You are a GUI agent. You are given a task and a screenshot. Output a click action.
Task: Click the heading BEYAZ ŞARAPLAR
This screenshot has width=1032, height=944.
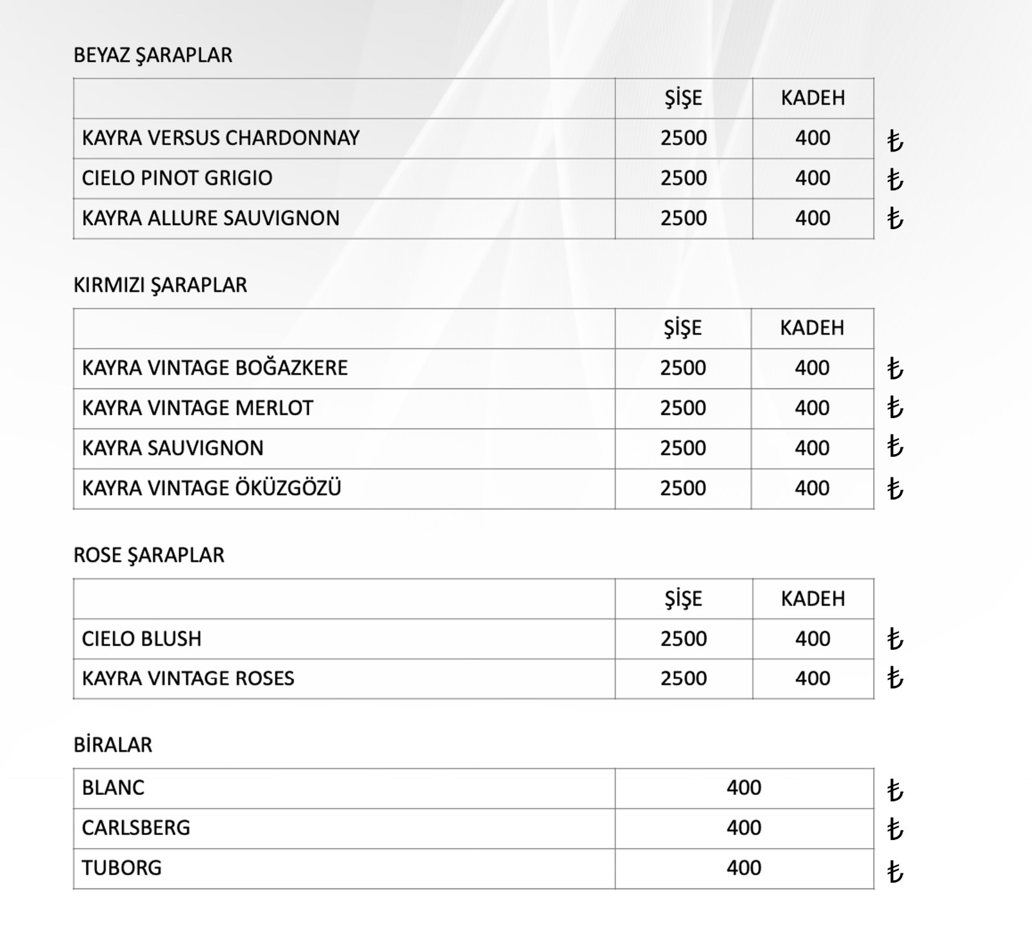coord(153,55)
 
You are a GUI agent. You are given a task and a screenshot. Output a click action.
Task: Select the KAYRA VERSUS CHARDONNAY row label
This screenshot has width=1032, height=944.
coord(221,138)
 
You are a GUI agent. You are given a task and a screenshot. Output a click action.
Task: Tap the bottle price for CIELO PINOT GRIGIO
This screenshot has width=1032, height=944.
coord(683,178)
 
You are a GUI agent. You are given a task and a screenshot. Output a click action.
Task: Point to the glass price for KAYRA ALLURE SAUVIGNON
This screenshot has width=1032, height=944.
coord(813,218)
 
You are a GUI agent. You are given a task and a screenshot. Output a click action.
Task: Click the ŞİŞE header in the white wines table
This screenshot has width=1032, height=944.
coord(683,98)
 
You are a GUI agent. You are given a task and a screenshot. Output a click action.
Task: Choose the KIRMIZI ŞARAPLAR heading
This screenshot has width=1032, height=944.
coord(160,285)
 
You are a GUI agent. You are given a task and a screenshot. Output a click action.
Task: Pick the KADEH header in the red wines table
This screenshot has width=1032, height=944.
coord(812,328)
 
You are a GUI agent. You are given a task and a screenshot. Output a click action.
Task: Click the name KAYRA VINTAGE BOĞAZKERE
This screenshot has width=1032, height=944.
coord(215,368)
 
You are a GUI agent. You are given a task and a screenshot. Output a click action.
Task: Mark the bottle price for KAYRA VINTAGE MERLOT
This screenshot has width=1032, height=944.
coord(682,408)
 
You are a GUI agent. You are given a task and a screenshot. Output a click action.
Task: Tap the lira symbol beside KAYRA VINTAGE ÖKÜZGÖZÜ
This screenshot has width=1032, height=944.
coord(895,488)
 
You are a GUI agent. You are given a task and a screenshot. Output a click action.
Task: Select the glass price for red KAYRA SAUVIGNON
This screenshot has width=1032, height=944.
coord(812,448)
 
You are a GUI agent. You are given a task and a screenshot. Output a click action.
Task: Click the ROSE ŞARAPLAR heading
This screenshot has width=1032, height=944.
coord(149,556)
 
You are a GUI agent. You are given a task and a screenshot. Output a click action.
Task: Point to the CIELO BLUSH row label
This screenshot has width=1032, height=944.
coord(142,639)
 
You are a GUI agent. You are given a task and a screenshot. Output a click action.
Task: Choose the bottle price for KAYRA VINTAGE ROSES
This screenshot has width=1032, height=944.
coord(683,678)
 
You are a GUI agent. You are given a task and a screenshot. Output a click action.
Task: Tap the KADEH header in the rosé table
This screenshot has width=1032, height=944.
coord(813,599)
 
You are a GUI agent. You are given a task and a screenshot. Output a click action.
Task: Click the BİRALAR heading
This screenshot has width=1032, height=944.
coord(113,745)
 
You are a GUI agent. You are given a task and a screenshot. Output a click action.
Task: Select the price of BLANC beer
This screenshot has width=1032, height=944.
coord(744,788)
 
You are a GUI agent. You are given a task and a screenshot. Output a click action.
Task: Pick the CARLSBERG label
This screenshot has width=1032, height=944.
coord(136,828)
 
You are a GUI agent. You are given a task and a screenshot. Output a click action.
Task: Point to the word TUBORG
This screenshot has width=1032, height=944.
coord(122,868)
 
